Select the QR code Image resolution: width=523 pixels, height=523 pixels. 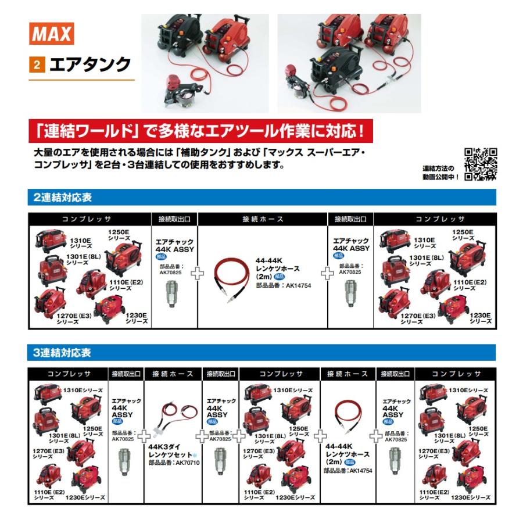tap(481, 164)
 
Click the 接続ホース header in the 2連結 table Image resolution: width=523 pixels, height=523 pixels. tap(263, 219)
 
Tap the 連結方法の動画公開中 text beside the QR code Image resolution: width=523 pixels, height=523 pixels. tap(442, 172)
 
